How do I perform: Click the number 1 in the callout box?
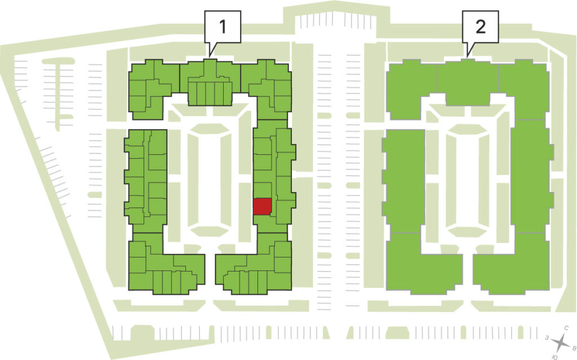[x=223, y=26]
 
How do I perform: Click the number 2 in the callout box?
[x=480, y=26]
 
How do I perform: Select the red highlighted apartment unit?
[x=263, y=207]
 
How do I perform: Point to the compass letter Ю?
[x=555, y=357]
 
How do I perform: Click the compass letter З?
[x=547, y=337]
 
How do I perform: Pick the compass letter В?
[x=574, y=347]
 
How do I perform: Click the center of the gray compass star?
[x=561, y=343]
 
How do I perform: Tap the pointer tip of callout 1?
[x=210, y=57]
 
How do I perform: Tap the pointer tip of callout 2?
[x=467, y=57]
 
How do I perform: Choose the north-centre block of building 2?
[x=467, y=83]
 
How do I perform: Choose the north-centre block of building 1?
[x=210, y=83]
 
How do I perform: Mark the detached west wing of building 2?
[x=403, y=180]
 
